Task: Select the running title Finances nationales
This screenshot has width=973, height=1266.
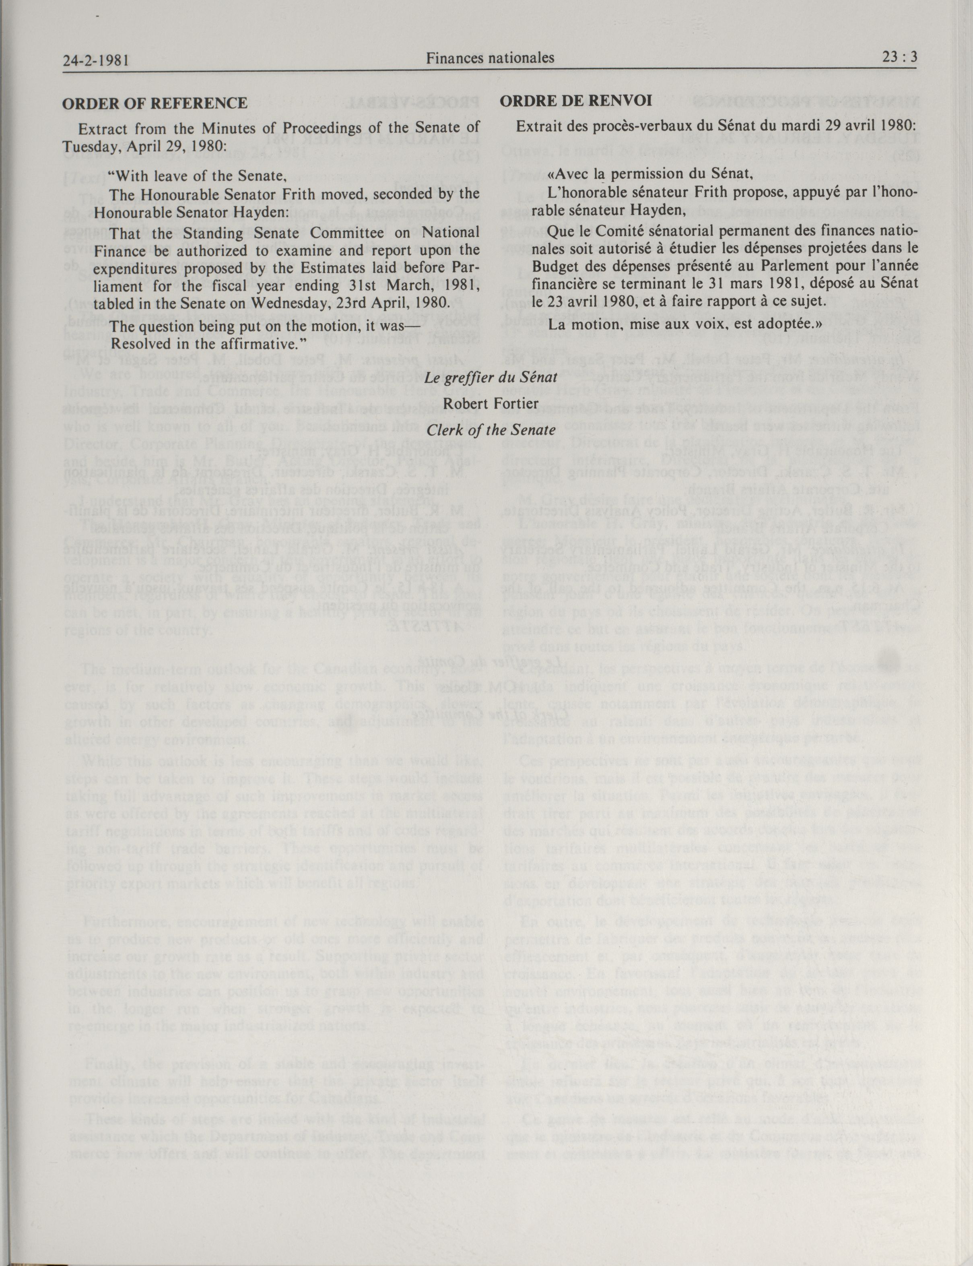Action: [490, 58]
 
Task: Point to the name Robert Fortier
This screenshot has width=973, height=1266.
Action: [491, 404]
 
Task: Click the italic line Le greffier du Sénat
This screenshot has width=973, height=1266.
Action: [491, 377]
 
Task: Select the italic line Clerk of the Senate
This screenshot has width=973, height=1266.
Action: [491, 430]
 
